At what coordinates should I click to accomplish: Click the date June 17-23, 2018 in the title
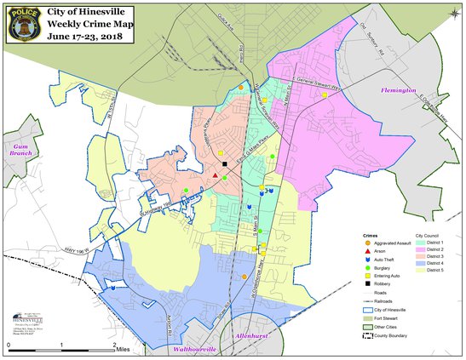pyautogui.click(x=95, y=37)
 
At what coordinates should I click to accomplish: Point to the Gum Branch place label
pyautogui.click(x=17, y=148)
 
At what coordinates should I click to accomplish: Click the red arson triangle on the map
pyautogui.click(x=216, y=176)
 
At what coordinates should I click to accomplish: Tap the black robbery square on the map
pyautogui.click(x=225, y=163)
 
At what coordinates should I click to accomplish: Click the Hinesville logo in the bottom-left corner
pyautogui.click(x=27, y=321)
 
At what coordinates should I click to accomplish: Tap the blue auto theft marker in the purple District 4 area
pyautogui.click(x=112, y=288)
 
